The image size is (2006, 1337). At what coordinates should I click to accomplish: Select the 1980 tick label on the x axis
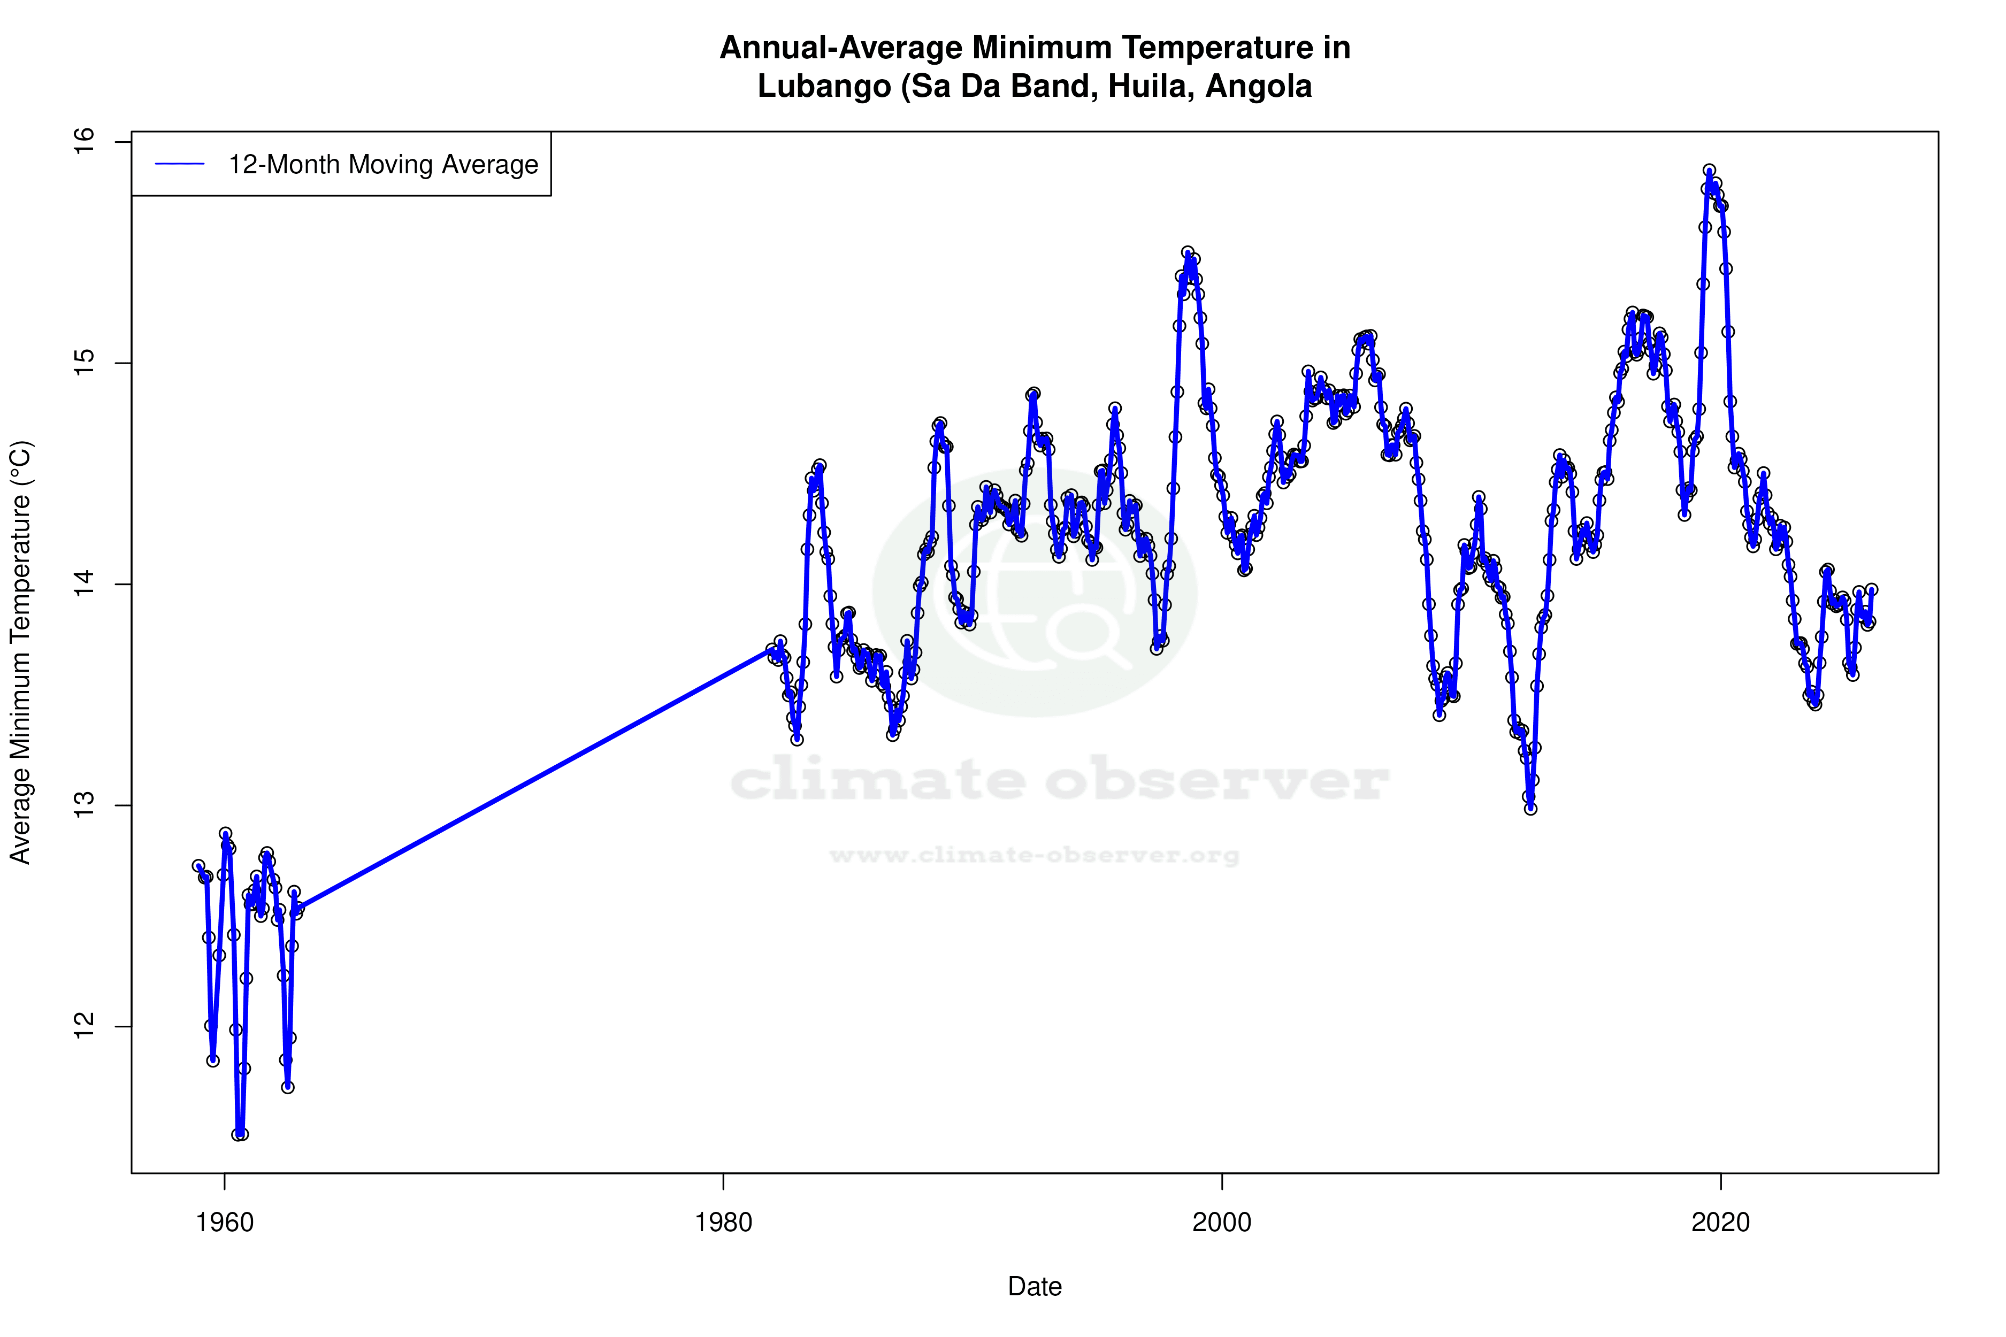[723, 1223]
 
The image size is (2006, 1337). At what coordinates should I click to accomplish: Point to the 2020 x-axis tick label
[1720, 1223]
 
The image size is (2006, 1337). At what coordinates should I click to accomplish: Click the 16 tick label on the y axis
[85, 142]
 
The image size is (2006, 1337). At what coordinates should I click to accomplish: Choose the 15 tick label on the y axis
[85, 363]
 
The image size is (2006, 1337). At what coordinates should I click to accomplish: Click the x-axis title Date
[1035, 1287]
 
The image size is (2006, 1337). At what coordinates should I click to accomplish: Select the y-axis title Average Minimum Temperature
[20, 652]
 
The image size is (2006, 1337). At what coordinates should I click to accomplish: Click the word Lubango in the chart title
[823, 86]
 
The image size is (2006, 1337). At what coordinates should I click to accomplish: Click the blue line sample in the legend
[180, 165]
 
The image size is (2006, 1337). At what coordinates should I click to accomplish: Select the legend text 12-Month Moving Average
[383, 165]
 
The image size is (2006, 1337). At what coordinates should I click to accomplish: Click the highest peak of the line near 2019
[1709, 171]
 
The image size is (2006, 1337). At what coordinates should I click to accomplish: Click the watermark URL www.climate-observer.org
[1035, 855]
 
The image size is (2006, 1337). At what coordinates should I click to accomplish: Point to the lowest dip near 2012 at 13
[1531, 808]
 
